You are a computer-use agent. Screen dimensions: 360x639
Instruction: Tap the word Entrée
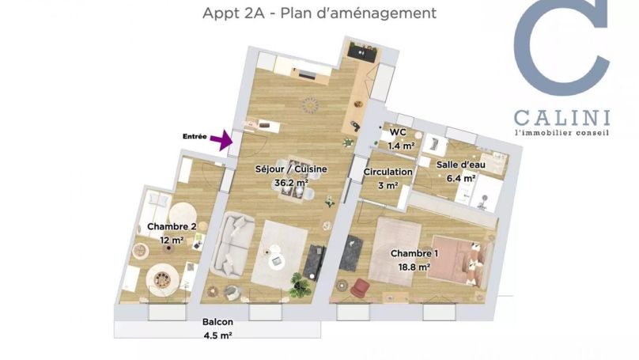195,137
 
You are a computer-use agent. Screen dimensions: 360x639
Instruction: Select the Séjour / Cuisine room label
291,169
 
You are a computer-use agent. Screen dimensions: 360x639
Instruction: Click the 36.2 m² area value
291,182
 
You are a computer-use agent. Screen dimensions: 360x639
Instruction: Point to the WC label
398,132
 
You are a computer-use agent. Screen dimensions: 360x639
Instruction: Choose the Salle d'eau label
460,165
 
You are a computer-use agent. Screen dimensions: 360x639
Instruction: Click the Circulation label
388,172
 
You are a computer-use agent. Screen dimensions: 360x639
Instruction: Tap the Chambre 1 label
414,254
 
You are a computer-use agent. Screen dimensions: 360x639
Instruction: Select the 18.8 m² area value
413,267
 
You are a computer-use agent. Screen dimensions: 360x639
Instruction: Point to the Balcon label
217,323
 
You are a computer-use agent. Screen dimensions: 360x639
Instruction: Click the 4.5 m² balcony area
217,335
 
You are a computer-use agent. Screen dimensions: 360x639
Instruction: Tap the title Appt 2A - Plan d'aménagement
319,13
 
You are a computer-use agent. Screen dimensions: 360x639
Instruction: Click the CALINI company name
562,119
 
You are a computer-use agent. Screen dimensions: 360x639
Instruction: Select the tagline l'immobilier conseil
562,133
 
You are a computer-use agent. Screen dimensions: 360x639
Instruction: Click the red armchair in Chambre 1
361,286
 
